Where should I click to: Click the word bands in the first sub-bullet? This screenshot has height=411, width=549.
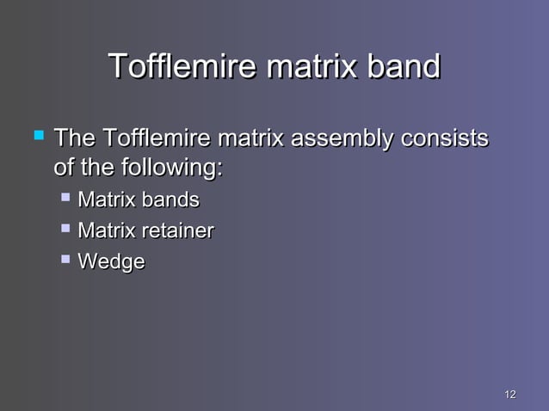point(170,200)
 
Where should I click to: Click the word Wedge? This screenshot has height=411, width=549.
point(111,261)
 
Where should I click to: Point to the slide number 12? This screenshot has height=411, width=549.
point(509,394)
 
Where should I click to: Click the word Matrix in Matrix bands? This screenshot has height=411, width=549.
point(107,200)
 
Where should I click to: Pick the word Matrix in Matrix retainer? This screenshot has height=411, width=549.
point(107,230)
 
